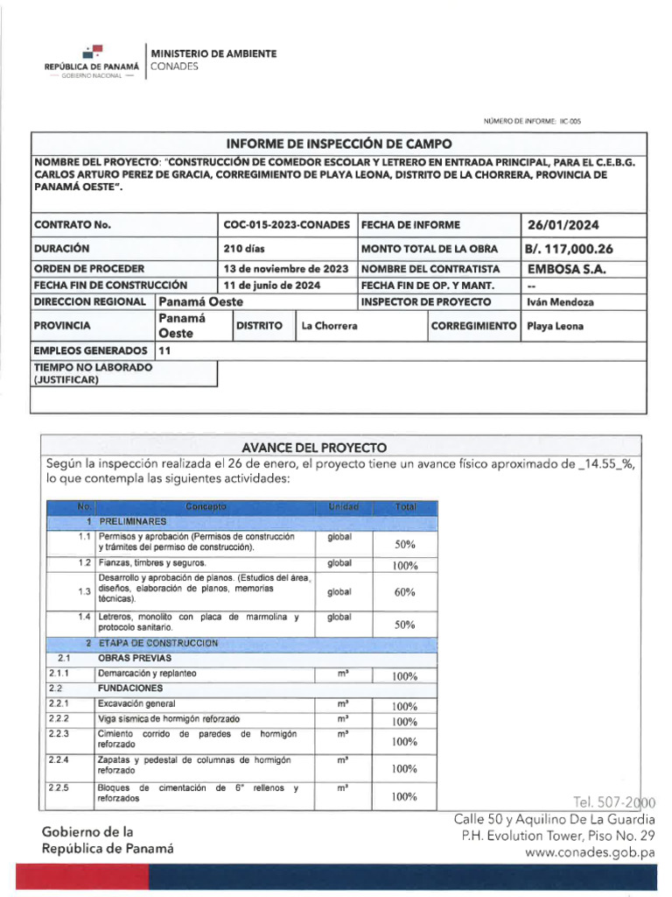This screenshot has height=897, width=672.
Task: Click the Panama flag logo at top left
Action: [93, 52]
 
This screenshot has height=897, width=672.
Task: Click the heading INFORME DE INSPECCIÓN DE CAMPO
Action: [339, 144]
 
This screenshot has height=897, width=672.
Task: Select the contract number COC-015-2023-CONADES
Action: [287, 225]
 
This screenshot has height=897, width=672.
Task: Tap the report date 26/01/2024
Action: [561, 225]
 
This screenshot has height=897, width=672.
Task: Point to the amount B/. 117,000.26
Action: [569, 249]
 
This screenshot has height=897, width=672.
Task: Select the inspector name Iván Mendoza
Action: [560, 302]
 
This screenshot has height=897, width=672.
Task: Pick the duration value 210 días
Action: [245, 249]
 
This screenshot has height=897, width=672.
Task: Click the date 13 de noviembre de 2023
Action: [286, 269]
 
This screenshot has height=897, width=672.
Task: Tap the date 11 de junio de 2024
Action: [272, 286]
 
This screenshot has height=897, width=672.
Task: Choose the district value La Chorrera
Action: [329, 326]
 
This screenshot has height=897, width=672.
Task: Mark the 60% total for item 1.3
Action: [404, 593]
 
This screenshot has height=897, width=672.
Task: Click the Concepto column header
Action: [206, 507]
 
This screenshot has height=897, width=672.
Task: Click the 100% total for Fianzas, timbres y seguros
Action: [404, 566]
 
